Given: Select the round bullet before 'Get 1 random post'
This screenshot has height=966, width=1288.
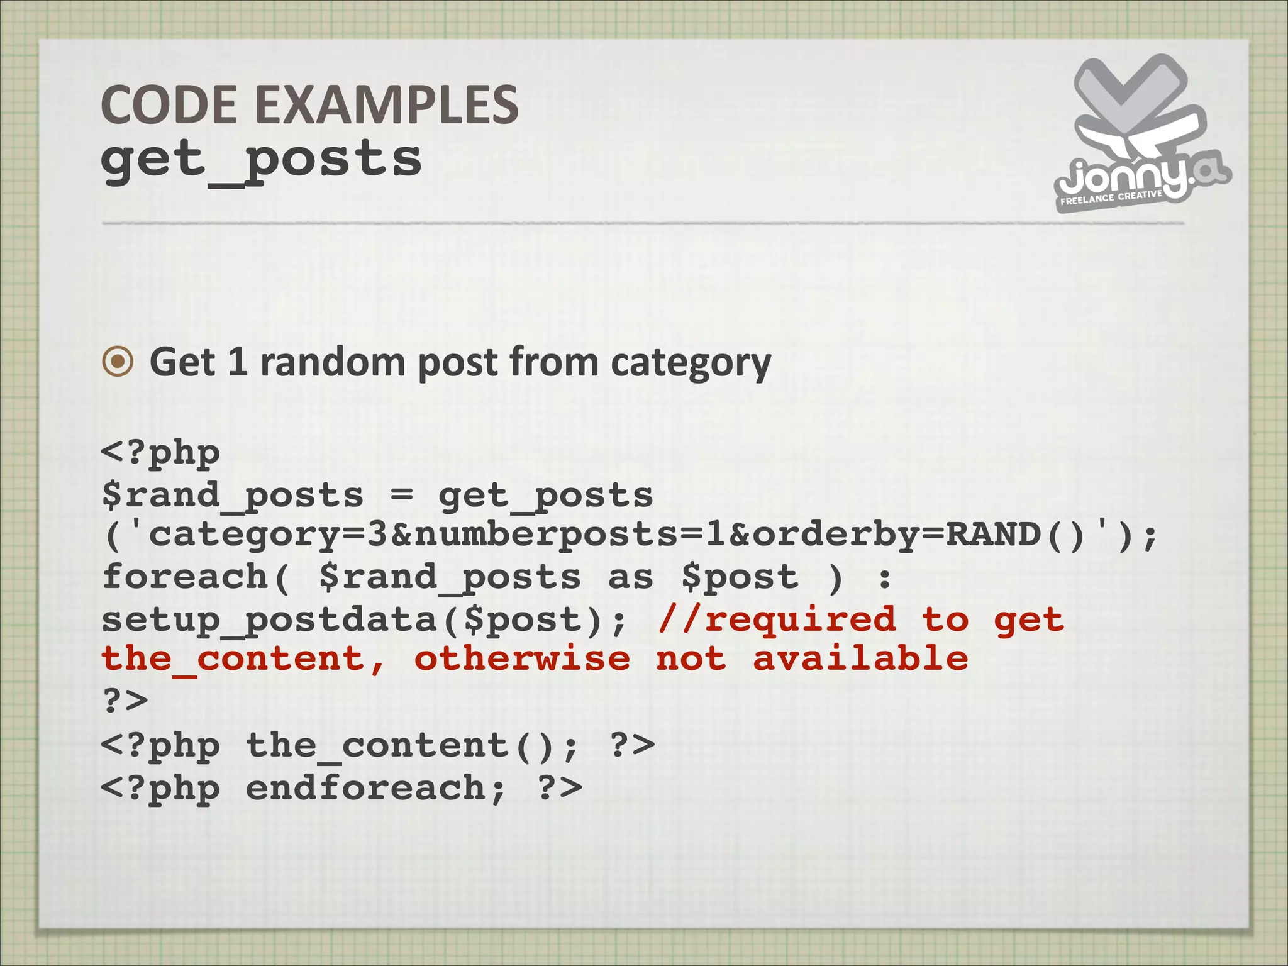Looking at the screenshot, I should coord(118,362).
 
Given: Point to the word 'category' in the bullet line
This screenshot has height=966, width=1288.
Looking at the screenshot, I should coord(691,364).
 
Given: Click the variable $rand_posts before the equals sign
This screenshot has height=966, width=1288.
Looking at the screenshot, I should coord(233,496).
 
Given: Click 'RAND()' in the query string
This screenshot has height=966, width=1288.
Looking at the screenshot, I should coord(1016,535).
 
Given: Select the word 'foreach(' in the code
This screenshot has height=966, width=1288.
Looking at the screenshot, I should coord(196,577).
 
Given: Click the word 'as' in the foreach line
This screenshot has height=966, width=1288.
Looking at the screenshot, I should coord(631,577).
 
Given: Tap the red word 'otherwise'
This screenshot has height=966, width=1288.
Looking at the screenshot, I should coord(522,659).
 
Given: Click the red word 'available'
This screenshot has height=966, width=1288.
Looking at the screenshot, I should coord(860,658).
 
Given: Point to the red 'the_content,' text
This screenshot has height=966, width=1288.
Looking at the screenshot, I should coord(243,660).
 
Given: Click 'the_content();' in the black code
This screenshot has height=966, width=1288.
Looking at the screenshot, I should coord(412,746).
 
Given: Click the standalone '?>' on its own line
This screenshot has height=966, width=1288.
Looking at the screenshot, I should coord(125,700).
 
